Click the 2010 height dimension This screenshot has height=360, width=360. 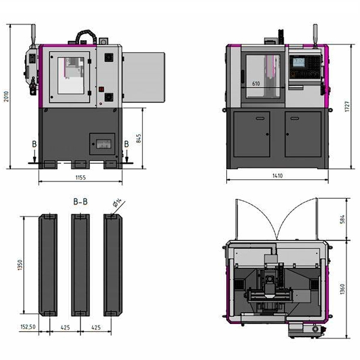point(7,97)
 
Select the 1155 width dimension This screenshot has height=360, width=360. point(80,178)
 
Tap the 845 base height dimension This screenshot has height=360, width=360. point(139,139)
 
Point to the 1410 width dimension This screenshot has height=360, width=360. point(277,176)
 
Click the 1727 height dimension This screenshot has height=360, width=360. point(347,106)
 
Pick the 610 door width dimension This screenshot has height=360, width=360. point(256,83)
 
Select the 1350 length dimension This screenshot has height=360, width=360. point(20,265)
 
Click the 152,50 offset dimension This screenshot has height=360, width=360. point(28,327)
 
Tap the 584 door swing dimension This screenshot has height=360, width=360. point(343,219)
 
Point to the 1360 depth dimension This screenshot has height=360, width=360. point(343,289)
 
